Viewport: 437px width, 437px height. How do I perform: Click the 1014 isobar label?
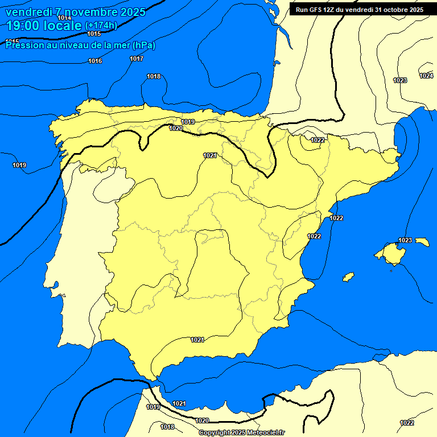[x=64, y=18]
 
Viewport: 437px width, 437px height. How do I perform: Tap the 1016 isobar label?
[x=95, y=61]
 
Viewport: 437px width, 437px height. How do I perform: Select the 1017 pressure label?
[x=137, y=59]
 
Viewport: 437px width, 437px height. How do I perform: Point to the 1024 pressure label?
[x=426, y=76]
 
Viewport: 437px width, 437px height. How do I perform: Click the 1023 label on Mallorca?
[x=405, y=240]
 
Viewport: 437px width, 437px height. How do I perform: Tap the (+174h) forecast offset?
[x=101, y=26]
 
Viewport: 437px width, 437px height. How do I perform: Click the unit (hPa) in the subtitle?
[x=144, y=45]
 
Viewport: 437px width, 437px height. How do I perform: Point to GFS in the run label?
[x=315, y=10]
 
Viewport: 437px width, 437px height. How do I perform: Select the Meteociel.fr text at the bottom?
[x=266, y=433]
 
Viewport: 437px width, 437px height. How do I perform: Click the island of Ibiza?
[x=348, y=277]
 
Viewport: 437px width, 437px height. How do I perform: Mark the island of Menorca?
[x=422, y=242]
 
